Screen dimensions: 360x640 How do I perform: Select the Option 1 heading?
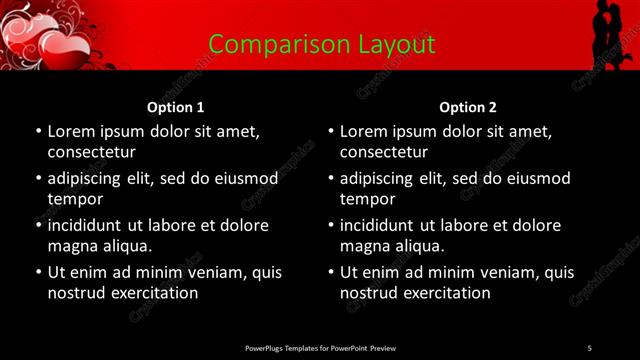tap(175, 107)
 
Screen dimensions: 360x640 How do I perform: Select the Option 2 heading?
tap(467, 107)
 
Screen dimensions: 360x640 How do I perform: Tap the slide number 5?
tap(589, 347)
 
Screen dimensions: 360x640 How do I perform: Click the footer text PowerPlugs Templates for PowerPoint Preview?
tap(321, 347)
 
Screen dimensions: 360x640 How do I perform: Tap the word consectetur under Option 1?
tap(91, 153)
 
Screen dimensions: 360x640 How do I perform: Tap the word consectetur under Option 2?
tap(383, 153)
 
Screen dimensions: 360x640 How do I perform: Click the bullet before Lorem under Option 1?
tap(38, 131)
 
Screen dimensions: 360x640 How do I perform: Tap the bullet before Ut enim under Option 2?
tap(331, 272)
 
